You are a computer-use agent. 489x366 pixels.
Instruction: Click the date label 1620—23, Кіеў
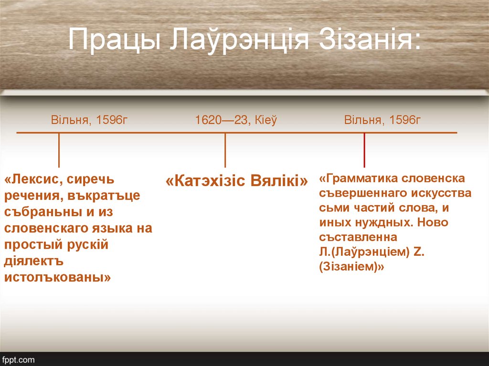235,120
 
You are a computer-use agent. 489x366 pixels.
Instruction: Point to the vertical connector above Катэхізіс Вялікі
225,150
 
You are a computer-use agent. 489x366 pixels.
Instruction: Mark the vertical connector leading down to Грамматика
364,150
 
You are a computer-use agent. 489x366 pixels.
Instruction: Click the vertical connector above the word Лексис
59,150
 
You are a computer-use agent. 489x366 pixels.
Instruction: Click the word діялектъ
34,261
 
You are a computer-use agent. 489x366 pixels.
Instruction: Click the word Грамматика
361,178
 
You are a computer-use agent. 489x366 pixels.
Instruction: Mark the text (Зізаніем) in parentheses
352,267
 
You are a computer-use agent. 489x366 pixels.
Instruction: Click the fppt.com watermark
18,359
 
